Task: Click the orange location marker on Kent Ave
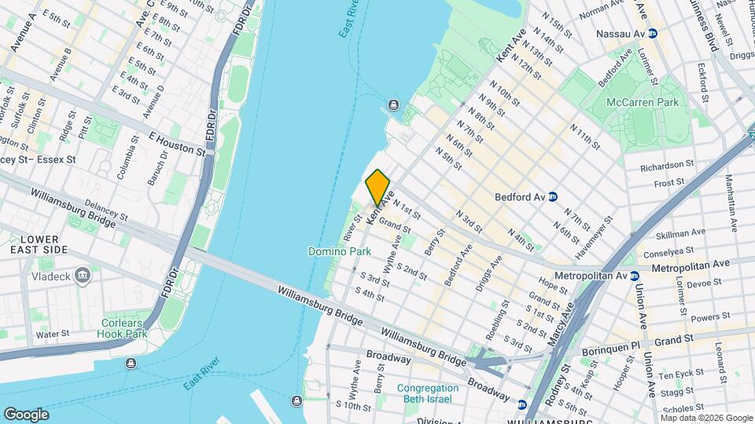pyautogui.click(x=378, y=187)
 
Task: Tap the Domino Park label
pyautogui.click(x=339, y=252)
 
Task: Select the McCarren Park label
pyautogui.click(x=642, y=102)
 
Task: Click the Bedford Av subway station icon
pyautogui.click(x=553, y=197)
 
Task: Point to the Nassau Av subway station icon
pyautogui.click(x=652, y=34)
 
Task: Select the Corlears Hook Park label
pyautogui.click(x=124, y=328)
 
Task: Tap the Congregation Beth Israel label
pyautogui.click(x=428, y=393)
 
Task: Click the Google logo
pyautogui.click(x=26, y=414)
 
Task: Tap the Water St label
pyautogui.click(x=53, y=334)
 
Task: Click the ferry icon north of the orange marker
pyautogui.click(x=392, y=106)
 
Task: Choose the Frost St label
pyautogui.click(x=670, y=183)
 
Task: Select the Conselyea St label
pyautogui.click(x=670, y=254)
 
